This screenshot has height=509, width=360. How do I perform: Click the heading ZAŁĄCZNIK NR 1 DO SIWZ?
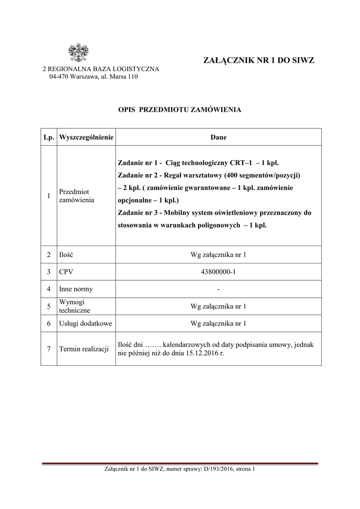pyautogui.click(x=259, y=61)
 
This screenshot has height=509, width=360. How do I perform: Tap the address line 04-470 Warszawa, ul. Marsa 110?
pyautogui.click(x=93, y=77)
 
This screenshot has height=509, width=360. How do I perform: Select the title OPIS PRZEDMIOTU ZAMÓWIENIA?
pyautogui.click(x=180, y=109)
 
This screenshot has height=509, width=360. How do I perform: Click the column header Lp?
pyautogui.click(x=49, y=137)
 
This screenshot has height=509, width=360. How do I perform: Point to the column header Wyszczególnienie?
pyautogui.click(x=87, y=137)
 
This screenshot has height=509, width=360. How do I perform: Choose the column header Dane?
pyautogui.click(x=218, y=137)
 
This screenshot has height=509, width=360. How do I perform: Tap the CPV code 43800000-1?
pyautogui.click(x=218, y=272)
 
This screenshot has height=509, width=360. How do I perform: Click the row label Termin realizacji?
pyautogui.click(x=84, y=349)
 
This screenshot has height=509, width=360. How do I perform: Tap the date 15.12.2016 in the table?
pyautogui.click(x=203, y=353)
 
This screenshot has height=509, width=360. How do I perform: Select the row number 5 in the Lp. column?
pyautogui.click(x=49, y=306)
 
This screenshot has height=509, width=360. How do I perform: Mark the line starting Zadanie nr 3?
pyautogui.click(x=214, y=213)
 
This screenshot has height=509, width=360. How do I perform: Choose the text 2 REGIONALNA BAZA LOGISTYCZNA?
pyautogui.click(x=101, y=69)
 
